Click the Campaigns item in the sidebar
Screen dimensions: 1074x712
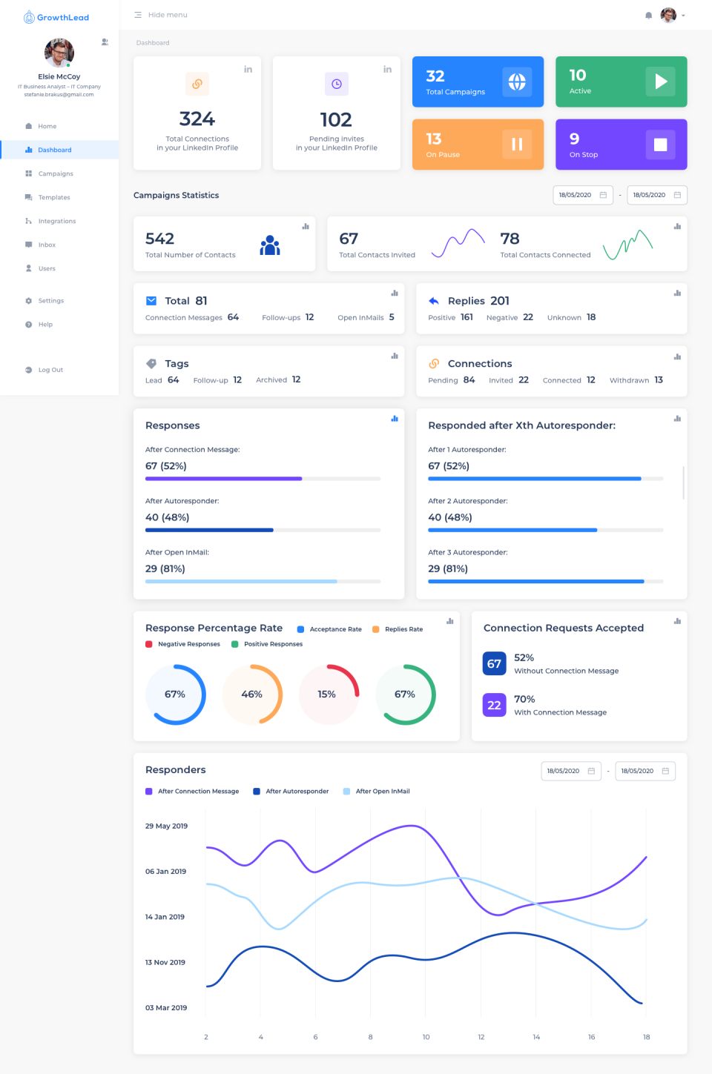coord(55,173)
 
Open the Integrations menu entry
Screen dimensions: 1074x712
coord(56,221)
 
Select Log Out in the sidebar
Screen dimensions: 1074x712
coord(50,370)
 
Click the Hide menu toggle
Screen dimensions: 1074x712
coord(161,15)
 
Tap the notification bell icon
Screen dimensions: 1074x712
coord(649,16)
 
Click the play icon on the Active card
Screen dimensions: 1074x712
coord(660,82)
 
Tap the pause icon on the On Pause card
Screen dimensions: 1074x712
coord(517,145)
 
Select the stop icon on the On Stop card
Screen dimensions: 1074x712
coord(660,145)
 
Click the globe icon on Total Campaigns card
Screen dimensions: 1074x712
coord(517,82)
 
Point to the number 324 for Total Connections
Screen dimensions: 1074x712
coord(197,119)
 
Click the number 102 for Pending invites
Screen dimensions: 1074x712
coord(336,119)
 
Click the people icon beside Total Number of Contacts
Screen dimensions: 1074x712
coord(270,245)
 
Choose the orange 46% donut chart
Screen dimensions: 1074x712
coord(252,695)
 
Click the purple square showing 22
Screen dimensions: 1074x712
coord(494,705)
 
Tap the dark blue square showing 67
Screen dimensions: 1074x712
coord(494,663)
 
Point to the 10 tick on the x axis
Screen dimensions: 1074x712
coord(426,1037)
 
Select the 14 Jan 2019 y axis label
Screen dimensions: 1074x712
coord(165,917)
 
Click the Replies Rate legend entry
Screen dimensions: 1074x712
coord(403,629)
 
